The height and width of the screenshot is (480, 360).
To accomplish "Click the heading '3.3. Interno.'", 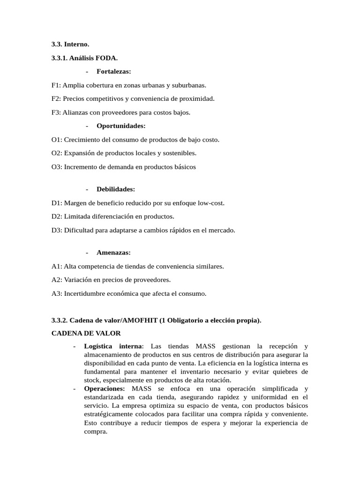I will [x=70, y=44].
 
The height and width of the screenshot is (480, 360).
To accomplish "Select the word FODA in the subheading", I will [x=107, y=58].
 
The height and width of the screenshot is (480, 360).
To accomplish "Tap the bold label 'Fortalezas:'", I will [x=113, y=71].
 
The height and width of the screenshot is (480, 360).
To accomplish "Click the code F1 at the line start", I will [x=56, y=85].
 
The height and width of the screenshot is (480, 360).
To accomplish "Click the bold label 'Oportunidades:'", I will [x=121, y=126].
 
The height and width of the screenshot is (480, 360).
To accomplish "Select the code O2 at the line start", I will [x=56, y=153].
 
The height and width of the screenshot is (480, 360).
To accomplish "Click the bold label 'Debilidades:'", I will [x=116, y=189].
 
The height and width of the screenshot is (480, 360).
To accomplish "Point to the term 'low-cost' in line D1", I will [x=211, y=203].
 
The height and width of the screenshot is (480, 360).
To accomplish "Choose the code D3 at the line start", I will [x=56, y=230].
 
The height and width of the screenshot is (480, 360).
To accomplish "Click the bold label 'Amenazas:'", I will [x=113, y=253].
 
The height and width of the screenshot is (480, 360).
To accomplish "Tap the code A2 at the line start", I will [x=56, y=280].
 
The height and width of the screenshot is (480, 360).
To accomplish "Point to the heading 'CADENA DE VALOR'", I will [x=86, y=333].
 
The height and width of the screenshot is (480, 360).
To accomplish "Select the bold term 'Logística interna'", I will [x=112, y=346].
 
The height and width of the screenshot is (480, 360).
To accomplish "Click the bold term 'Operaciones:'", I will [x=105, y=389].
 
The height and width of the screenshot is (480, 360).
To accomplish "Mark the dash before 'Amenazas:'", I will [x=88, y=253].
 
